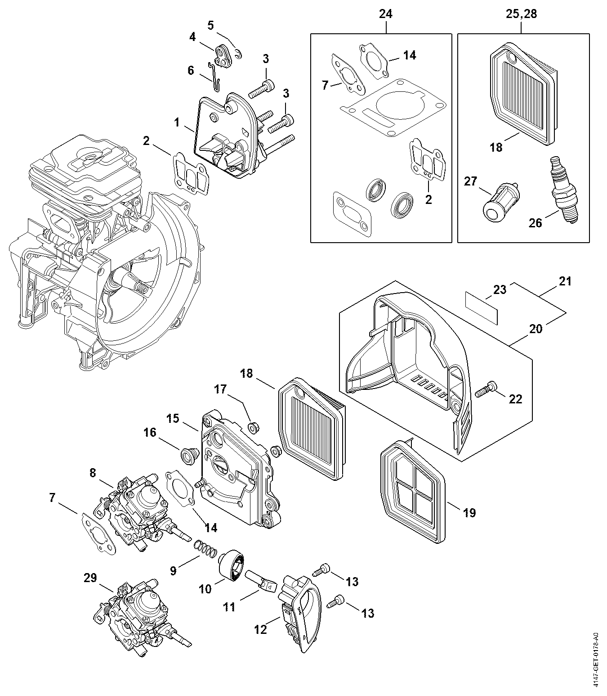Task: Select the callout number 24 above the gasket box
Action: [386, 14]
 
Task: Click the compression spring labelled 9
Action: [206, 549]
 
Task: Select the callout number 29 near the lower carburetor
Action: [90, 578]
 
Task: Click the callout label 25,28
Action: [522, 14]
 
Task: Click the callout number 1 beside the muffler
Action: [177, 122]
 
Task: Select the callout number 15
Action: [173, 418]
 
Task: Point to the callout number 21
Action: [565, 281]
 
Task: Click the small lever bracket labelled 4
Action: [223, 55]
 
